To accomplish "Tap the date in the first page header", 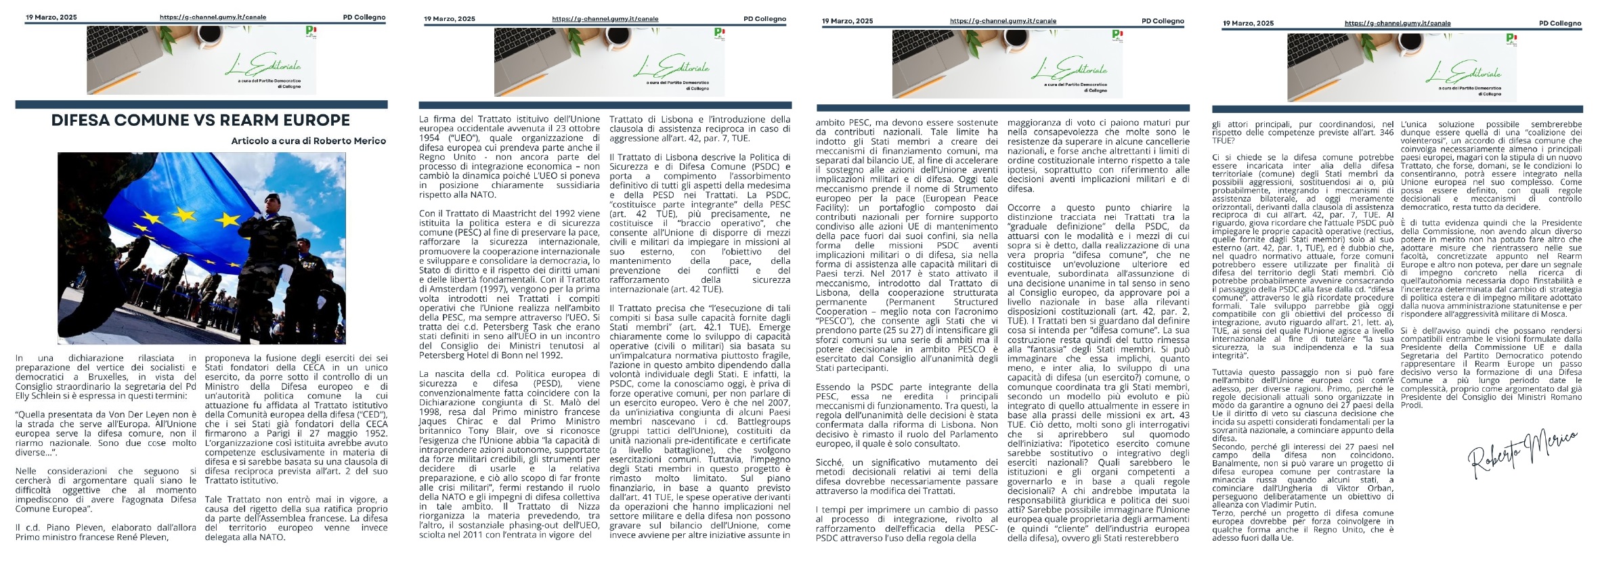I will pos(51,18).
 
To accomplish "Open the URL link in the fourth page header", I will pos(1397,23).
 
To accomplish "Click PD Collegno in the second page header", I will pos(764,19).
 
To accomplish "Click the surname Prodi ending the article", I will pos(1412,405).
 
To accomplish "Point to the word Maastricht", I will pos(498,213).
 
